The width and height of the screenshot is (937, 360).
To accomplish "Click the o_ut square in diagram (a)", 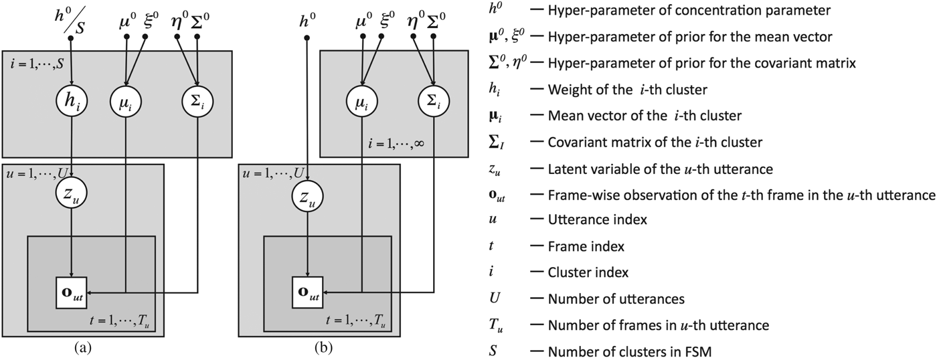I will (70, 292).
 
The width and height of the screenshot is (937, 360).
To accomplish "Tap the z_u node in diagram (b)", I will (307, 195).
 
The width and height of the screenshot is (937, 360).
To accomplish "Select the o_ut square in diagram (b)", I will (307, 292).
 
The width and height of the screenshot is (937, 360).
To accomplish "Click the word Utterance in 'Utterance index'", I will (572, 219).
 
